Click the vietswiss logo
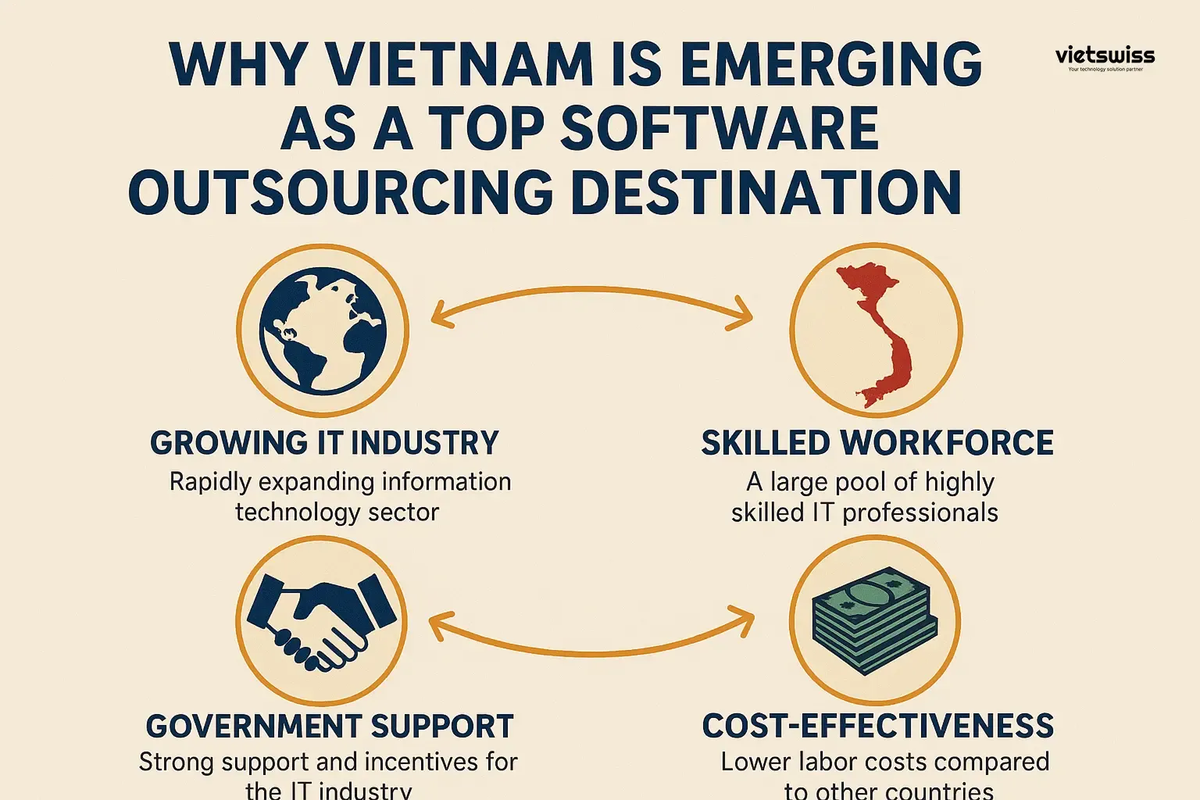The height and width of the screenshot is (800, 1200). click(x=1104, y=56)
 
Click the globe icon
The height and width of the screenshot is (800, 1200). click(x=322, y=330)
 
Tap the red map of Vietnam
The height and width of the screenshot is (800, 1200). click(x=879, y=332)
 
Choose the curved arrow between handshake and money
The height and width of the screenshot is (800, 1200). click(x=591, y=648)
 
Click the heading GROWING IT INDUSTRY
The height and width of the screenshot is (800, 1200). click(x=324, y=443)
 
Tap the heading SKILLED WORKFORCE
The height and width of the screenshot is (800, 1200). click(x=877, y=443)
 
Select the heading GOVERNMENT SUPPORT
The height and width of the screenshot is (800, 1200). click(x=329, y=726)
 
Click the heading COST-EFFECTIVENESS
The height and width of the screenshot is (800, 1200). click(x=877, y=726)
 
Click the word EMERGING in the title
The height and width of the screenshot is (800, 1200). click(x=831, y=64)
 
